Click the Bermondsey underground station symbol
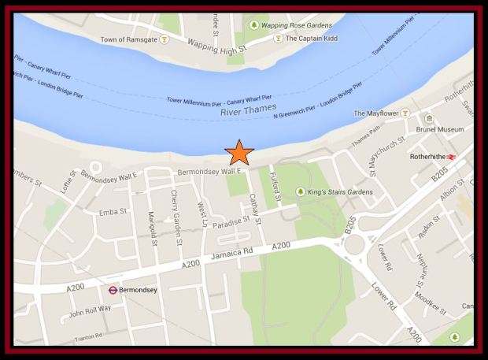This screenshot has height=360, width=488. pos(113,289)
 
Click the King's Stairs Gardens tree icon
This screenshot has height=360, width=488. pos(300,191)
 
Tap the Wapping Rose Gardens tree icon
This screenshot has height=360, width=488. pos(253,25)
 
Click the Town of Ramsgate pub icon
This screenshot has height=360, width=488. pos(164,38)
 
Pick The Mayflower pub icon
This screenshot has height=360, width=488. pos(405,113)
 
